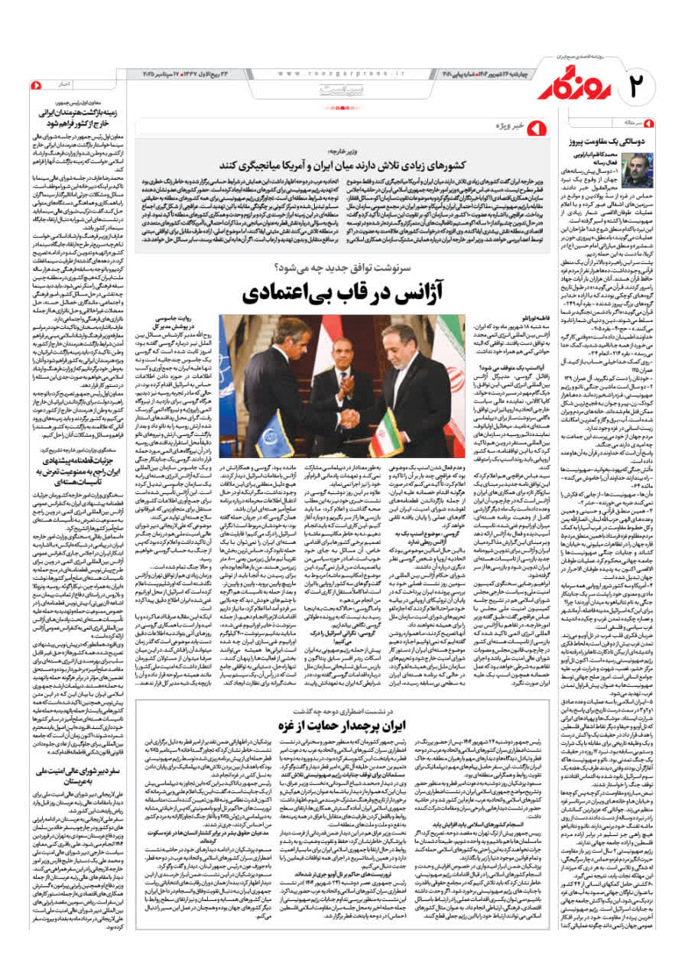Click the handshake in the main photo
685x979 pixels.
(347, 418)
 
